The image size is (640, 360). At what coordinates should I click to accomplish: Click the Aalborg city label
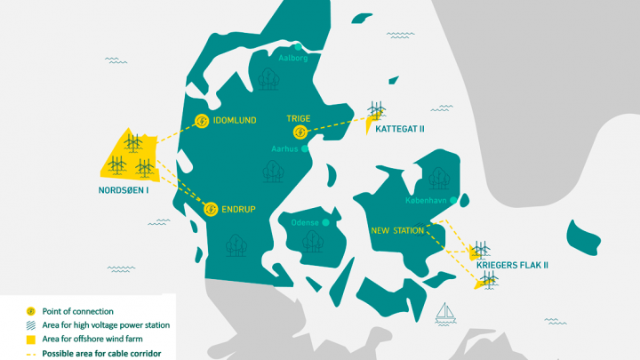pos(292,59)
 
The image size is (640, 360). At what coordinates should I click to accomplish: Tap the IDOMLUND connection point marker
pos(202,123)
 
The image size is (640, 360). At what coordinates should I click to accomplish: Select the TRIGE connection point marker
pos(300,133)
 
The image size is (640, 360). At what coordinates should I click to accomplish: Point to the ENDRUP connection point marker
pos(211,210)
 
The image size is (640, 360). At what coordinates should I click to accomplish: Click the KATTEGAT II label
pos(400,129)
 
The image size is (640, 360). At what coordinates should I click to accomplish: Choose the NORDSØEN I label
pos(123,189)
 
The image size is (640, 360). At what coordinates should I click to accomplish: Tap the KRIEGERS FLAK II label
pos(513,266)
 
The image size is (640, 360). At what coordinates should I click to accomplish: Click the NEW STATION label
pos(397,231)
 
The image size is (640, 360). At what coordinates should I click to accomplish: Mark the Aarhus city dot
pos(305,149)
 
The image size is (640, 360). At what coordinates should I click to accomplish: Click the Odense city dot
pos(326,222)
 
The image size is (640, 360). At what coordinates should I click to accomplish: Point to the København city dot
pos(453,200)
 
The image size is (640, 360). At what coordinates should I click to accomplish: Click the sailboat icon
pos(447,312)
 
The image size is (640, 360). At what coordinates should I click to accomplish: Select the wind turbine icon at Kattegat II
pos(378,110)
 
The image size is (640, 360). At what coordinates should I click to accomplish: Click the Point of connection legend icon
pos(30,311)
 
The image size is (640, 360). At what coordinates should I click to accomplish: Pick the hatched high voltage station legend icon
pos(30,325)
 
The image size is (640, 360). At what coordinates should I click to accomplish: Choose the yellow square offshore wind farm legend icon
pos(30,340)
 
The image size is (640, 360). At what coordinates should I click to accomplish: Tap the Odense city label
pos(305,222)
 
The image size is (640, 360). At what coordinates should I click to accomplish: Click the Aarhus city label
pos(285,149)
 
